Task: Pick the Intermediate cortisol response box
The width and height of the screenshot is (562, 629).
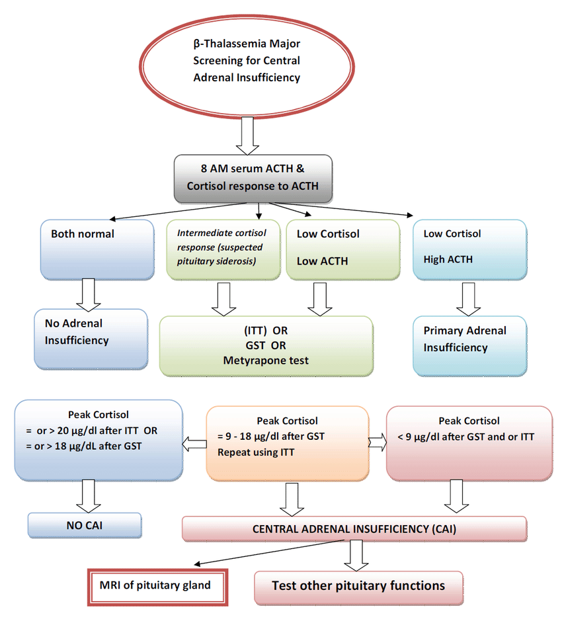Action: point(220,250)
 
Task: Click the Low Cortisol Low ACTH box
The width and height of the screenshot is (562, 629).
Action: point(342,250)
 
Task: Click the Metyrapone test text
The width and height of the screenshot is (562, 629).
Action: point(266,360)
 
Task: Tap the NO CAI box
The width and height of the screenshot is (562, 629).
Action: point(84,525)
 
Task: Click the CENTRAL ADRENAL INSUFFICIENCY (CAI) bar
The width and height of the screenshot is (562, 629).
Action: point(354,530)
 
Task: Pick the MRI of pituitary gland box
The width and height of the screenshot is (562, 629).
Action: point(158,585)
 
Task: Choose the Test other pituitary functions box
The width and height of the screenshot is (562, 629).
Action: point(358,586)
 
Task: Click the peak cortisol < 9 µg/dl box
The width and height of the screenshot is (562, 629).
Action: point(469,441)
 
